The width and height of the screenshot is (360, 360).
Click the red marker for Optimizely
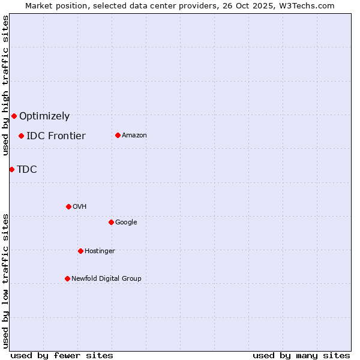(x=14, y=116)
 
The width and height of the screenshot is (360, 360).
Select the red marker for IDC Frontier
(x=21, y=136)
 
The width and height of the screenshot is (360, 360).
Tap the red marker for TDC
(x=11, y=169)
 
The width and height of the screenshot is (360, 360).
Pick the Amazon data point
(x=118, y=135)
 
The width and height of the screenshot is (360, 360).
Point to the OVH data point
(x=68, y=206)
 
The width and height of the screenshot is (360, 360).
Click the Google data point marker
(x=111, y=222)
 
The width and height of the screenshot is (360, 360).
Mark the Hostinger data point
(x=80, y=251)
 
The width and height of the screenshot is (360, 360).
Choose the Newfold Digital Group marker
(x=67, y=278)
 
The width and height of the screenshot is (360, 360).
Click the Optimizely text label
(x=44, y=116)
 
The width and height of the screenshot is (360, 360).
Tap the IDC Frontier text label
(x=56, y=136)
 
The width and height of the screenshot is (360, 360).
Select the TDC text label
(x=27, y=169)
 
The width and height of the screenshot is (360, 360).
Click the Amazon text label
(x=134, y=135)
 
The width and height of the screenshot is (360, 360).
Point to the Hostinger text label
(x=100, y=251)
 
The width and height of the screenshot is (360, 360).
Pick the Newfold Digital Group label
(x=106, y=278)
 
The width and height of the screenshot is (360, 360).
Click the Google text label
(x=126, y=222)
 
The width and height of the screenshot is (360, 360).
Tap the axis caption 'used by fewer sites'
(x=62, y=355)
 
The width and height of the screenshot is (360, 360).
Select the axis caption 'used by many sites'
(x=301, y=355)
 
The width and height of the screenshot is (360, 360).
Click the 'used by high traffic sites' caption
(x=5, y=85)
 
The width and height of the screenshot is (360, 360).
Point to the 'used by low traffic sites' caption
(x=5, y=281)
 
